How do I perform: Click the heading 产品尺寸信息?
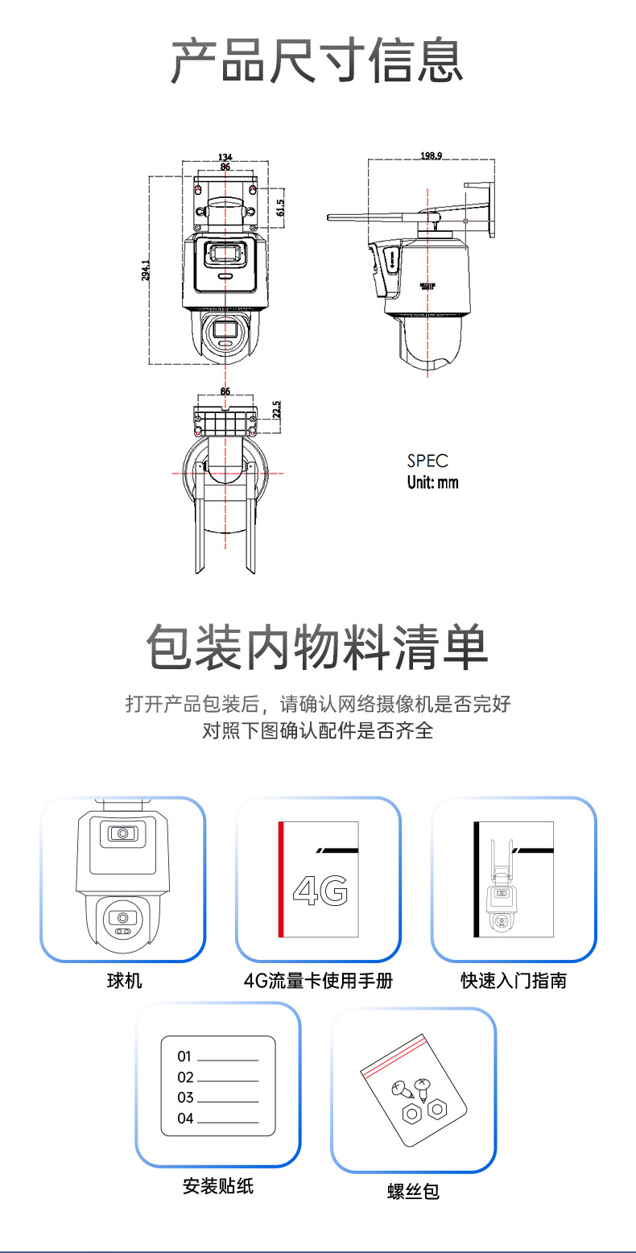click(x=317, y=61)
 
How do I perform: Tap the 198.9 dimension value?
click(x=431, y=155)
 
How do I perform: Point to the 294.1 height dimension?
click(x=146, y=270)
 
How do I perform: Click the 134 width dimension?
click(x=225, y=156)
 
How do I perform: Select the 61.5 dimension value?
click(x=280, y=209)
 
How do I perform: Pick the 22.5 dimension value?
click(x=276, y=409)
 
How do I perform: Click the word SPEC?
click(x=427, y=461)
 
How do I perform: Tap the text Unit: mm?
click(x=432, y=482)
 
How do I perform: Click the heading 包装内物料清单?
click(x=317, y=649)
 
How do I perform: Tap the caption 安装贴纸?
click(x=217, y=1185)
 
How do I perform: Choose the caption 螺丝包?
click(x=413, y=1191)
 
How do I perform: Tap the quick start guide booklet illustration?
click(x=514, y=879)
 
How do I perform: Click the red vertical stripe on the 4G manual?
click(x=281, y=879)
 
